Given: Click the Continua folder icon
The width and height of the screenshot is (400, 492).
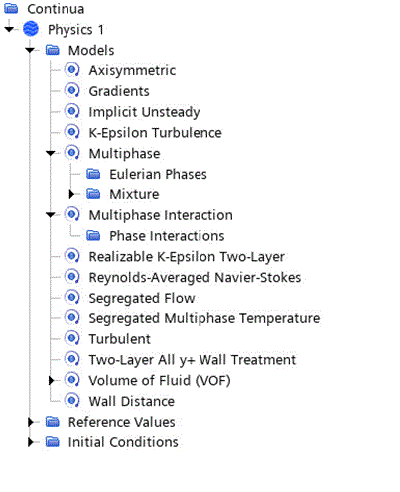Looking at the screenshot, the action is (x=11, y=9).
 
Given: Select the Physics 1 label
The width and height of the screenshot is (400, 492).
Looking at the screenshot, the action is (x=75, y=30).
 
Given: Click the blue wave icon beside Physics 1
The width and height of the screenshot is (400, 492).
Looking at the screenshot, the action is (x=31, y=29).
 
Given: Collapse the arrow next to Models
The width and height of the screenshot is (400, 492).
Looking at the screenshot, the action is (x=30, y=50).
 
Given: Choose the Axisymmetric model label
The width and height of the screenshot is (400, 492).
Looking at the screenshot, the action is (x=132, y=70).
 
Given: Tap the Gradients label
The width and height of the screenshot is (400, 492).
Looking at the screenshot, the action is (x=119, y=91).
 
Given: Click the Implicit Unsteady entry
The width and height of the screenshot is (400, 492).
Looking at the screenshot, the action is (x=144, y=112).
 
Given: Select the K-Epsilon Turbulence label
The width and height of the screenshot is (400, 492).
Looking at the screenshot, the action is (x=155, y=133).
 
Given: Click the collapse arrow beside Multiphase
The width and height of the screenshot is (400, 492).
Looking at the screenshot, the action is (x=51, y=153).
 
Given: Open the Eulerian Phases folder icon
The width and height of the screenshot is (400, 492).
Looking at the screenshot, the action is (x=93, y=174).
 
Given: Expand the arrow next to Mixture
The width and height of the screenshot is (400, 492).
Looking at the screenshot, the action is (x=71, y=194).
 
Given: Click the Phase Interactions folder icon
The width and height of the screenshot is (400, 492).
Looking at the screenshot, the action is (x=93, y=236).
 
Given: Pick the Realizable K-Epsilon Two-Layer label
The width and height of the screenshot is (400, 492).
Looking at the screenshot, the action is (x=187, y=257).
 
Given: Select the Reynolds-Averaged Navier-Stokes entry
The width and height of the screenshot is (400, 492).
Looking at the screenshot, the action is (x=195, y=278).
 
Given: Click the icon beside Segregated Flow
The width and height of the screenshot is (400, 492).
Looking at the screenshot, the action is (x=72, y=298).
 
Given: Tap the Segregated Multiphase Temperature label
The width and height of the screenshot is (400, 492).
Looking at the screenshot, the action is (x=204, y=318).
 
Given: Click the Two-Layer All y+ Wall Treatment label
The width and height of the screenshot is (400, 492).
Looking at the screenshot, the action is (x=193, y=360).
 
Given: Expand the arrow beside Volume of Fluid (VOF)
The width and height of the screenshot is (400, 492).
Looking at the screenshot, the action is (x=51, y=381).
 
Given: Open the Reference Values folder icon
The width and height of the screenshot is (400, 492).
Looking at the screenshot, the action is (x=53, y=422).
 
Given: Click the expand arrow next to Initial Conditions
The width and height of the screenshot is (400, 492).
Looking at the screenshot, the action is (x=31, y=442).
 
